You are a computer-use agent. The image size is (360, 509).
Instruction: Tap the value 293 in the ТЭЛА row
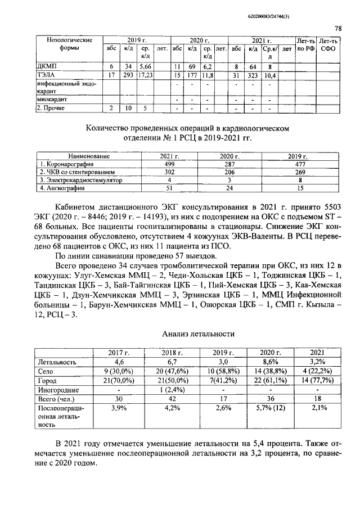[x=128, y=74]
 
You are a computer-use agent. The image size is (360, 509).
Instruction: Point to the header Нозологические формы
[x=64, y=44]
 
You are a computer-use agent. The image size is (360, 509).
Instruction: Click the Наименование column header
[x=89, y=156]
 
